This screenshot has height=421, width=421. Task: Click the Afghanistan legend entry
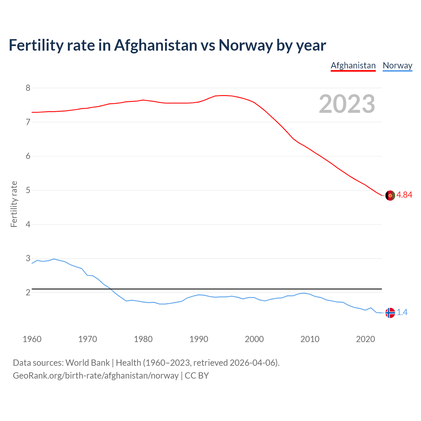(x=353, y=65)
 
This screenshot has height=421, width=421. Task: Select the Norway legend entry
(x=397, y=65)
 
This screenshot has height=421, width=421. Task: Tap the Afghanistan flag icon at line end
(x=390, y=195)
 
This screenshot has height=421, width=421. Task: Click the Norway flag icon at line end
(x=390, y=313)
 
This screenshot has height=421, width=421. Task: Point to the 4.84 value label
(x=404, y=195)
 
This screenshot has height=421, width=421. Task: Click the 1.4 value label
(x=402, y=312)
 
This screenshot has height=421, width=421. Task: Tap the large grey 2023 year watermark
(x=347, y=104)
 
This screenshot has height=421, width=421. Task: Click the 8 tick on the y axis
(x=28, y=88)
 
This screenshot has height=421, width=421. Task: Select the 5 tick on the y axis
(x=28, y=190)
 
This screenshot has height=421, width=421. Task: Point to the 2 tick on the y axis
(x=28, y=292)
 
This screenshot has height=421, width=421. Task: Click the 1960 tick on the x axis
(x=32, y=339)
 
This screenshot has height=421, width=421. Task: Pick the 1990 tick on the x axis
(x=199, y=339)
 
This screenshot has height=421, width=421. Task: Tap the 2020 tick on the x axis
(x=365, y=339)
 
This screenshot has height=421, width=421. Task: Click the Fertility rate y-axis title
(x=14, y=204)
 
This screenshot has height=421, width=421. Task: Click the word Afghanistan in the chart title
(x=156, y=45)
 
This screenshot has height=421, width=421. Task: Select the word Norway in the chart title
(x=245, y=45)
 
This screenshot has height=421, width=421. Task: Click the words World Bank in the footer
(x=87, y=363)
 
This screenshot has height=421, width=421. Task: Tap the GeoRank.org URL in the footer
(x=95, y=376)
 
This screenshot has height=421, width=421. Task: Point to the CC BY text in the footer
(x=197, y=376)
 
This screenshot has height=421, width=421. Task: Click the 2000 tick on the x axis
(x=254, y=339)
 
